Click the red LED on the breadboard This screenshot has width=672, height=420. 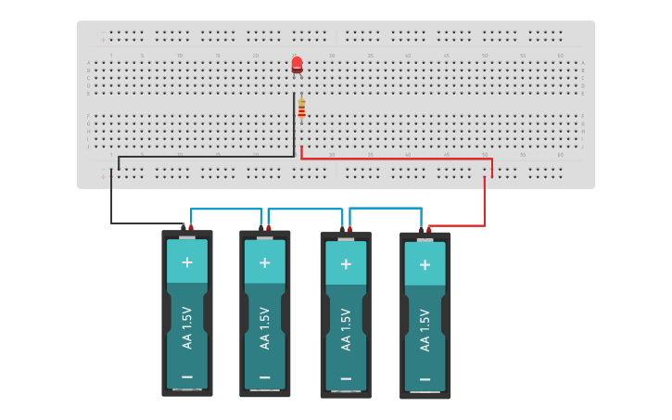pos(297,65)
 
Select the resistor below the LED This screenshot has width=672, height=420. pos(301,108)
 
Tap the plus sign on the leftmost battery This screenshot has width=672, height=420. pos(187,262)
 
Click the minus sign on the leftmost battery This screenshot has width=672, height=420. pos(187,376)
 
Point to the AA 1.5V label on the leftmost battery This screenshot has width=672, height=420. pos(186,326)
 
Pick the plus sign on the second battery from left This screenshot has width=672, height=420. pos(264,262)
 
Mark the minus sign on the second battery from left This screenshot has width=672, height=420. pos(264,377)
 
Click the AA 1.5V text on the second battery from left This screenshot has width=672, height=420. pos(264,326)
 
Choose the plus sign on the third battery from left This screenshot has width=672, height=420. pos(346,264)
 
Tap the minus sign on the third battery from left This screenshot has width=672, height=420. pos(346,378)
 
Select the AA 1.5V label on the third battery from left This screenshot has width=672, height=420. pos(346,328)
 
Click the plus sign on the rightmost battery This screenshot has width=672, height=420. pos(425,264)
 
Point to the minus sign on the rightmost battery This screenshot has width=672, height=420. pos(425,379)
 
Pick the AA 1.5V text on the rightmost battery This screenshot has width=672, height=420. pos(425,329)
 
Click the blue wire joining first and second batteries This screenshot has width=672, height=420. pos(226,209)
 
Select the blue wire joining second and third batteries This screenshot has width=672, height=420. pos(306,210)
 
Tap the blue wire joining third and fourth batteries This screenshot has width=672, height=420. pos(385,208)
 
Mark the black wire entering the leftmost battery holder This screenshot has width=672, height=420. pos(112,199)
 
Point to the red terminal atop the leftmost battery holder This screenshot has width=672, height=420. pos(191,227)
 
